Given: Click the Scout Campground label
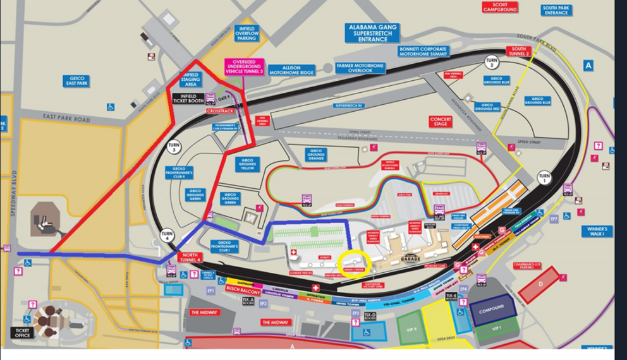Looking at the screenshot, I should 500,7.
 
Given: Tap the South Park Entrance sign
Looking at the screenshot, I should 556,10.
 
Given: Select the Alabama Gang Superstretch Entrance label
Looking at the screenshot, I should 372,33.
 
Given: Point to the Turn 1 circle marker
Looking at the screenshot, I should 544,176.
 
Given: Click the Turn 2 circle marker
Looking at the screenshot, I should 491,63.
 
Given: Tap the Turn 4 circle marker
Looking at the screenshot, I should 167,235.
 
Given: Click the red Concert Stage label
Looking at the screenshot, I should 441,121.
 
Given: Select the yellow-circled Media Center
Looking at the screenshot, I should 352,261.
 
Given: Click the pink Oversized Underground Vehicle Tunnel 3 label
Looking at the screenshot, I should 245,67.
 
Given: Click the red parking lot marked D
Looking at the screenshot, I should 539,284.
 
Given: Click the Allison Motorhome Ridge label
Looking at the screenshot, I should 291,69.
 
